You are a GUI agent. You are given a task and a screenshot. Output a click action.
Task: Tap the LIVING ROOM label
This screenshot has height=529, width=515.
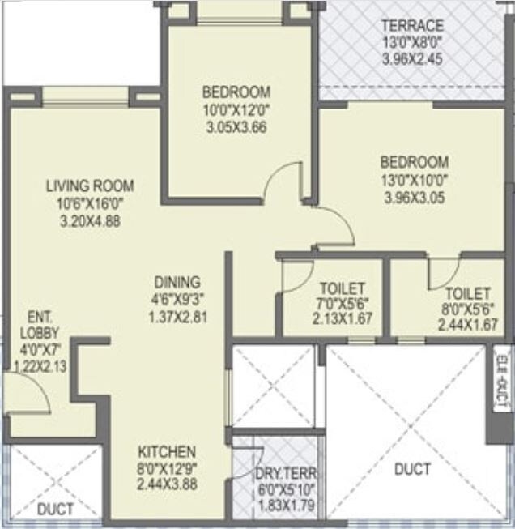coord(90,186)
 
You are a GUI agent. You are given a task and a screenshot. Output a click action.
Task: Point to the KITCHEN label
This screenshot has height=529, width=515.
coord(166,451)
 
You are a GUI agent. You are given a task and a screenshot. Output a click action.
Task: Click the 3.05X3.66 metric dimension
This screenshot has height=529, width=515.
coord(236,126)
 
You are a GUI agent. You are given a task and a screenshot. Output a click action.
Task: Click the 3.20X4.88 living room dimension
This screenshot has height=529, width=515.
coord(90,220)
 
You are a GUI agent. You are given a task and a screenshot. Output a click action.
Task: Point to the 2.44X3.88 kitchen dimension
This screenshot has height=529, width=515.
coord(166,484)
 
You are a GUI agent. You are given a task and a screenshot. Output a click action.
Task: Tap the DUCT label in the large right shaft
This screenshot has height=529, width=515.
coord(412,469)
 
